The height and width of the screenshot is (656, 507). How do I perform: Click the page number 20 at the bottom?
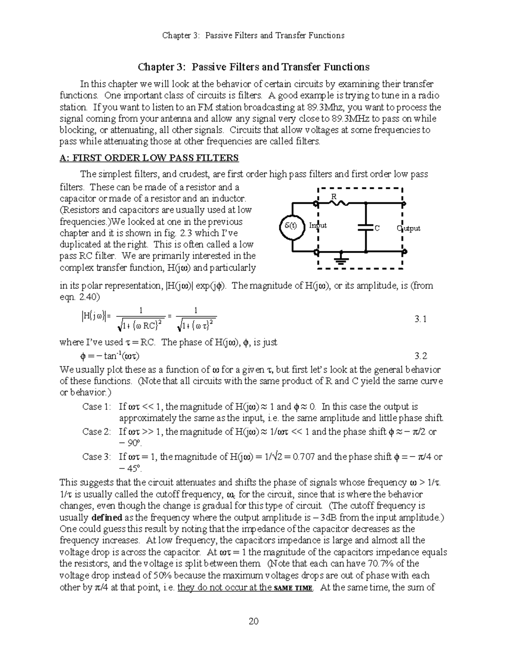253,621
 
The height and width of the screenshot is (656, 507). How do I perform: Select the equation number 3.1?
421,319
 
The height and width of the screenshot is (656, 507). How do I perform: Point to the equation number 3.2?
421,356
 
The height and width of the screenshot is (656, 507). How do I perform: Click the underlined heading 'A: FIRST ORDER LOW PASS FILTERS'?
149,158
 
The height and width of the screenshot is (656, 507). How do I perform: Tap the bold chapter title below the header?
253,67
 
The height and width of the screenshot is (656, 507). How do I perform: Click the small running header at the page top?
253,35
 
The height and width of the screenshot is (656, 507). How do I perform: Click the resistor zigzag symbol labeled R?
339,203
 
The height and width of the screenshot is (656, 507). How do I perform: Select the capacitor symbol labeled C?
366,227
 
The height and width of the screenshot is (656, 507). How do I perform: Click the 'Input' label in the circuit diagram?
318,226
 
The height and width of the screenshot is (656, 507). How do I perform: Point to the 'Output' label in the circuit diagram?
409,229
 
